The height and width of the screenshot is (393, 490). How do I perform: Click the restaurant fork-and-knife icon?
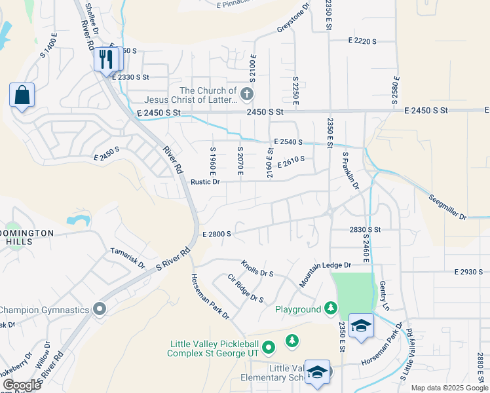point(105,60)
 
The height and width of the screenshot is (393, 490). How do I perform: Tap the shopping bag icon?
point(22,95)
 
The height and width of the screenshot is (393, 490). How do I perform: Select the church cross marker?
point(246,94)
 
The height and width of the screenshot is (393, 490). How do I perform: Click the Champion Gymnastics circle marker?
point(100,308)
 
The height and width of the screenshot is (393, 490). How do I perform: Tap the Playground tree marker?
point(331,309)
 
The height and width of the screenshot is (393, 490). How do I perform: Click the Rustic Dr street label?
point(205,182)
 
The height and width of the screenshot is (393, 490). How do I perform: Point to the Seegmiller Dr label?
point(448,207)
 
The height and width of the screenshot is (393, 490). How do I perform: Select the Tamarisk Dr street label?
point(127,256)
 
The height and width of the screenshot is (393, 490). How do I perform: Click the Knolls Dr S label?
point(257,268)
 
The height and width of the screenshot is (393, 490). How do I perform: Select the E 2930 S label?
point(468,271)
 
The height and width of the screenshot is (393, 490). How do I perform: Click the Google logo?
point(22,384)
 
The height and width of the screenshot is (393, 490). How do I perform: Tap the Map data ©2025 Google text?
point(449,388)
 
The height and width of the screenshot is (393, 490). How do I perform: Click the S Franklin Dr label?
point(351,172)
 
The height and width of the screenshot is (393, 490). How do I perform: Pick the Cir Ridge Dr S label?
point(246,289)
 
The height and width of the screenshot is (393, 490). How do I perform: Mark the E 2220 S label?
point(362,41)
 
